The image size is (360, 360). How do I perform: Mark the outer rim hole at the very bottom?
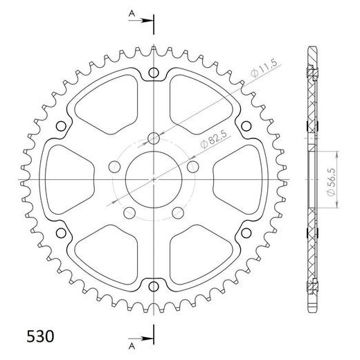152,285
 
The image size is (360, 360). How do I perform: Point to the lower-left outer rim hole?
61,231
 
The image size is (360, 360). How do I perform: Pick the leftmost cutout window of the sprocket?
69,178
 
